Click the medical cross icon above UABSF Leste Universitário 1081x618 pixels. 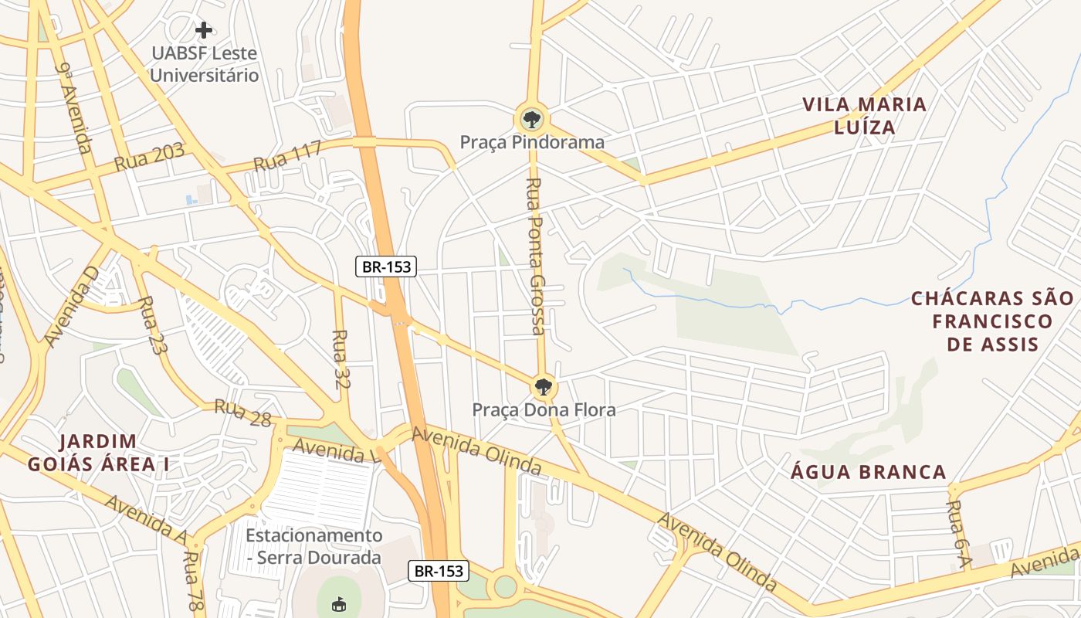pos(204,30)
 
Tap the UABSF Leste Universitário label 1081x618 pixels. pos(204,65)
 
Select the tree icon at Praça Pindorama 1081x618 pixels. pos(531,119)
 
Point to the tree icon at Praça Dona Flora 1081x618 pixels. pos(544,386)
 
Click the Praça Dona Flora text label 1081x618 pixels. pos(544,409)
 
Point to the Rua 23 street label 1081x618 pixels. pos(152,325)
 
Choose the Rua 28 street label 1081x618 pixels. pos(242,413)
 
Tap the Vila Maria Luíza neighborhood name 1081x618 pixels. pos(864,116)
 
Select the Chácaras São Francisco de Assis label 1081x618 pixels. pos(992,321)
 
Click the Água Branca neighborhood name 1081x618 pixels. pos(869,472)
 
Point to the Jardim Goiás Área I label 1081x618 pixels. pos(98,453)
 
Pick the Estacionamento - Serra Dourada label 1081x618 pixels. pos(313,546)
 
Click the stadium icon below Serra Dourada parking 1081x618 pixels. pos(338,604)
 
